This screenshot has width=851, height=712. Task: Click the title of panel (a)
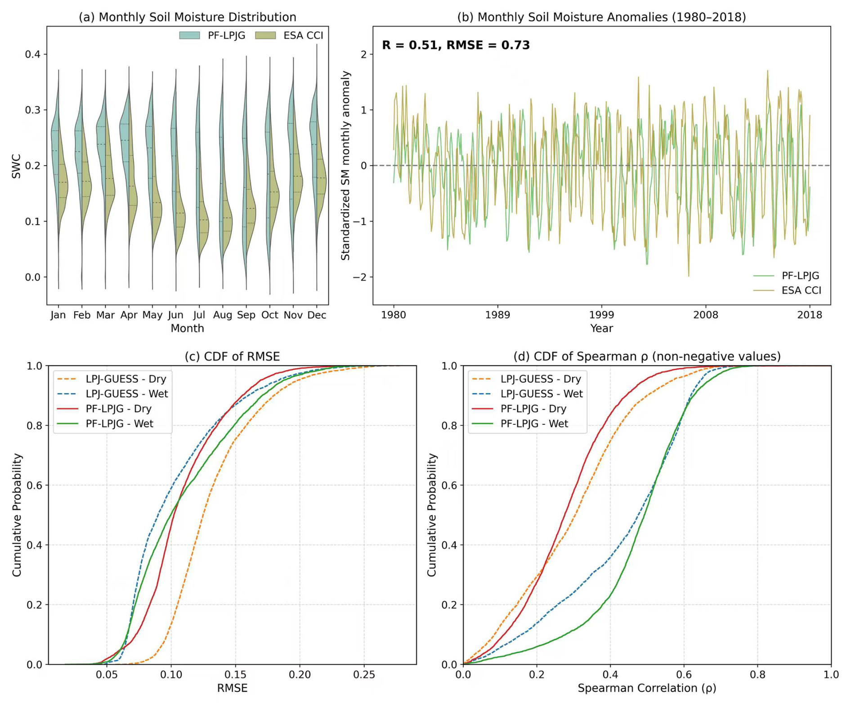(187, 17)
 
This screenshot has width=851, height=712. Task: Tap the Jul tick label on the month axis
(199, 315)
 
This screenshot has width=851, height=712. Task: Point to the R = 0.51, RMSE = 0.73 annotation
(456, 45)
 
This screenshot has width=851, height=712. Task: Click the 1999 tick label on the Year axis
(601, 315)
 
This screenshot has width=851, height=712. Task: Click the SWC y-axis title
(16, 166)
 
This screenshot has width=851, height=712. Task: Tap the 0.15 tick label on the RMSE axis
(235, 675)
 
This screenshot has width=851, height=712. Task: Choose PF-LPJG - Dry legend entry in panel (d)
(533, 408)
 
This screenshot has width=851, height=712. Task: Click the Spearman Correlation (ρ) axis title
(647, 688)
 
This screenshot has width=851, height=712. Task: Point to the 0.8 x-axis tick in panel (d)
(757, 675)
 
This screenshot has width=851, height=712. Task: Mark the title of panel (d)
(647, 357)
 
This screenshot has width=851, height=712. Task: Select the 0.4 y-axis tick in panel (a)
(32, 54)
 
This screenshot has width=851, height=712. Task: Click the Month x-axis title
(187, 328)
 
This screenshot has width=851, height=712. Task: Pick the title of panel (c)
(232, 357)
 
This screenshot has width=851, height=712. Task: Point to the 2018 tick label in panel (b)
(810, 315)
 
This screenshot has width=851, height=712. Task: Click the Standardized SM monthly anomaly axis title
(345, 165)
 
